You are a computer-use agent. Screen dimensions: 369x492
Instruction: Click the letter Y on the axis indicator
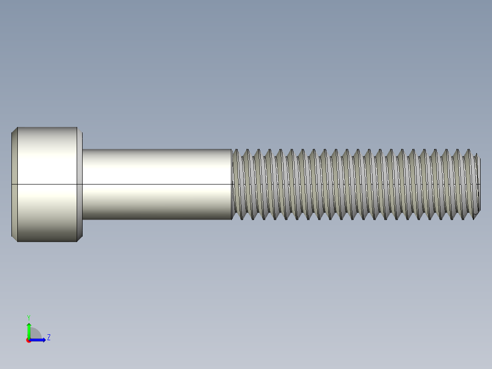(x=28, y=317)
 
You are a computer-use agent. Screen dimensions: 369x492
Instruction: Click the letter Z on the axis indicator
(x=49, y=337)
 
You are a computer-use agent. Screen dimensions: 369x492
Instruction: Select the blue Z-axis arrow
(x=38, y=340)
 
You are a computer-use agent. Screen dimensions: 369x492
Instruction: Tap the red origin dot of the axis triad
(x=29, y=340)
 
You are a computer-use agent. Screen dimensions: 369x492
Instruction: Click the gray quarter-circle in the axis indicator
(x=36, y=334)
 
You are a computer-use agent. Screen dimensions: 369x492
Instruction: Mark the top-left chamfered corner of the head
(x=14, y=130)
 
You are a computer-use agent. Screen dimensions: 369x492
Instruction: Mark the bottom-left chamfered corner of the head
(x=14, y=239)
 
